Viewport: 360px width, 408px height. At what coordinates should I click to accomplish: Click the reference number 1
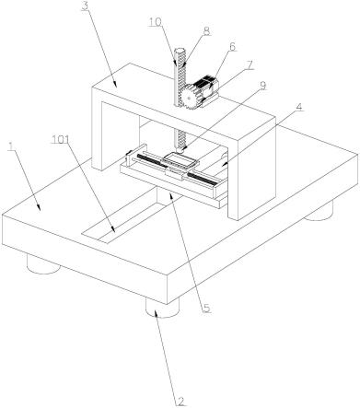[x=11, y=147]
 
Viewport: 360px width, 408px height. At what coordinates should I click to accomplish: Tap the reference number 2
[x=180, y=402]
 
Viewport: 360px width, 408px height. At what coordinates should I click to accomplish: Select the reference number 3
[x=85, y=6]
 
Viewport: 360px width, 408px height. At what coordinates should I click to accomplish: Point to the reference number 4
[x=299, y=108]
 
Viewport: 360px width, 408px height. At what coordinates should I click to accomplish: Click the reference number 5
[x=206, y=308]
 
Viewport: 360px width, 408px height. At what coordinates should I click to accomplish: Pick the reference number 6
[x=232, y=47]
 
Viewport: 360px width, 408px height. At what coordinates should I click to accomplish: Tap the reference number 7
[x=250, y=65]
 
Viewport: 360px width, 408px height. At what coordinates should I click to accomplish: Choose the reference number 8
[x=206, y=31]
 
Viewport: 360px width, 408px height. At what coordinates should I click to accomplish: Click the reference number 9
[x=262, y=86]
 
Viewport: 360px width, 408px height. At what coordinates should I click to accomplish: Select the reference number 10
[x=156, y=22]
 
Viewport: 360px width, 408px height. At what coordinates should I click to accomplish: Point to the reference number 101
[x=61, y=139]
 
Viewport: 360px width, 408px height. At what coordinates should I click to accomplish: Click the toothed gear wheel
[x=191, y=97]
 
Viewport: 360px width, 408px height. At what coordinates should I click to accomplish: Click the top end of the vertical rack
[x=180, y=51]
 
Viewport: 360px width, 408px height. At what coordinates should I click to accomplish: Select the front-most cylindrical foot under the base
[x=162, y=308]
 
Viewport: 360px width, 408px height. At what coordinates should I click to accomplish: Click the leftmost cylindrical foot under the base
[x=43, y=263]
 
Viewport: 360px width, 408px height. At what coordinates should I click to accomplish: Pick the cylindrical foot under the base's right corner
[x=319, y=211]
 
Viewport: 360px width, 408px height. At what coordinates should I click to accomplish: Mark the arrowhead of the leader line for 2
[x=156, y=310]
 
